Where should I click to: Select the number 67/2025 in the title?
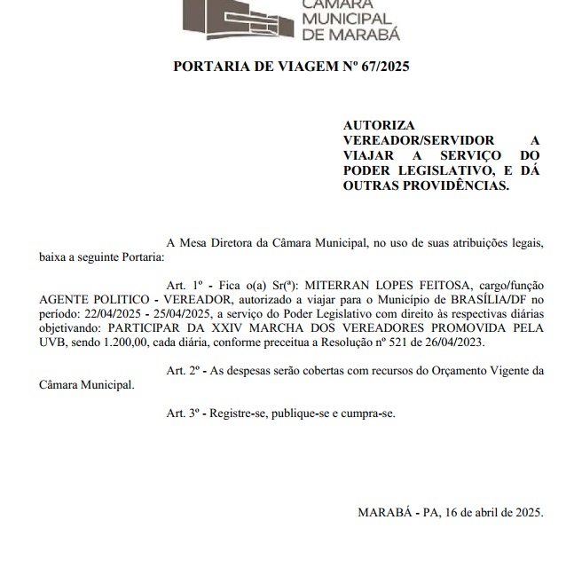[381, 67]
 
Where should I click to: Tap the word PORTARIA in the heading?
[207, 67]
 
